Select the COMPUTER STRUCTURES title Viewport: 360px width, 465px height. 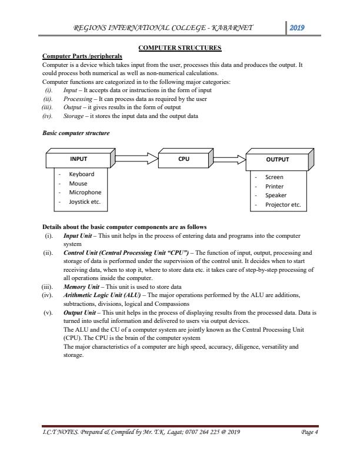(x=180, y=48)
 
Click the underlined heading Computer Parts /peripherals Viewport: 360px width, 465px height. (x=82, y=56)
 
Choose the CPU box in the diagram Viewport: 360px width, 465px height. (x=184, y=158)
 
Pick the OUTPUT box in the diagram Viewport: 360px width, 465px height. (x=278, y=159)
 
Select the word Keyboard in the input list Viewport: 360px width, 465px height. (x=81, y=174)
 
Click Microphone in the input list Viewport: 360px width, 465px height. (x=85, y=192)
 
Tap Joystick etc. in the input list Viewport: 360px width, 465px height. (x=84, y=201)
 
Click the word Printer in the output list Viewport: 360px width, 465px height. (x=275, y=186)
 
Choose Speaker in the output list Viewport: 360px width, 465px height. (x=276, y=196)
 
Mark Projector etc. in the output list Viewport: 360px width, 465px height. (x=283, y=205)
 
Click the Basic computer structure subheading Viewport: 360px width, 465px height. (x=76, y=133)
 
